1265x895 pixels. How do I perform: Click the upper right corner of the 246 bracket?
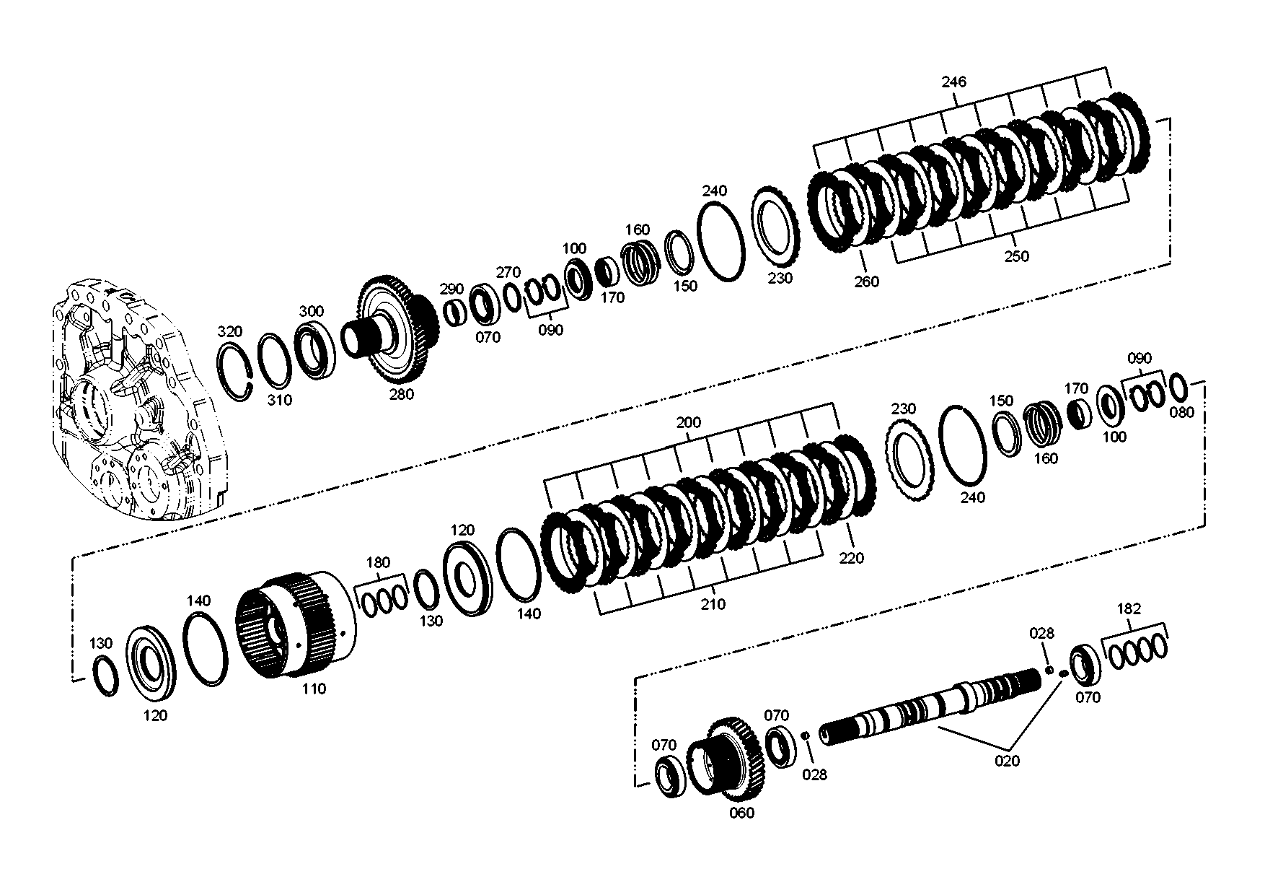coord(1106,68)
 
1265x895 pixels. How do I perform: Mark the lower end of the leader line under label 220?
coord(852,549)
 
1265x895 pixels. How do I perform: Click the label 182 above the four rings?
coord(1129,608)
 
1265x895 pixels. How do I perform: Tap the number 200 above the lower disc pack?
coord(688,422)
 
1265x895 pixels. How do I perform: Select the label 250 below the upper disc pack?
coord(1016,256)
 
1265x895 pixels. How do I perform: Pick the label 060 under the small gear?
coord(741,813)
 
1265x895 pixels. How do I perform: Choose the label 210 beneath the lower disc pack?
coord(713,605)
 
